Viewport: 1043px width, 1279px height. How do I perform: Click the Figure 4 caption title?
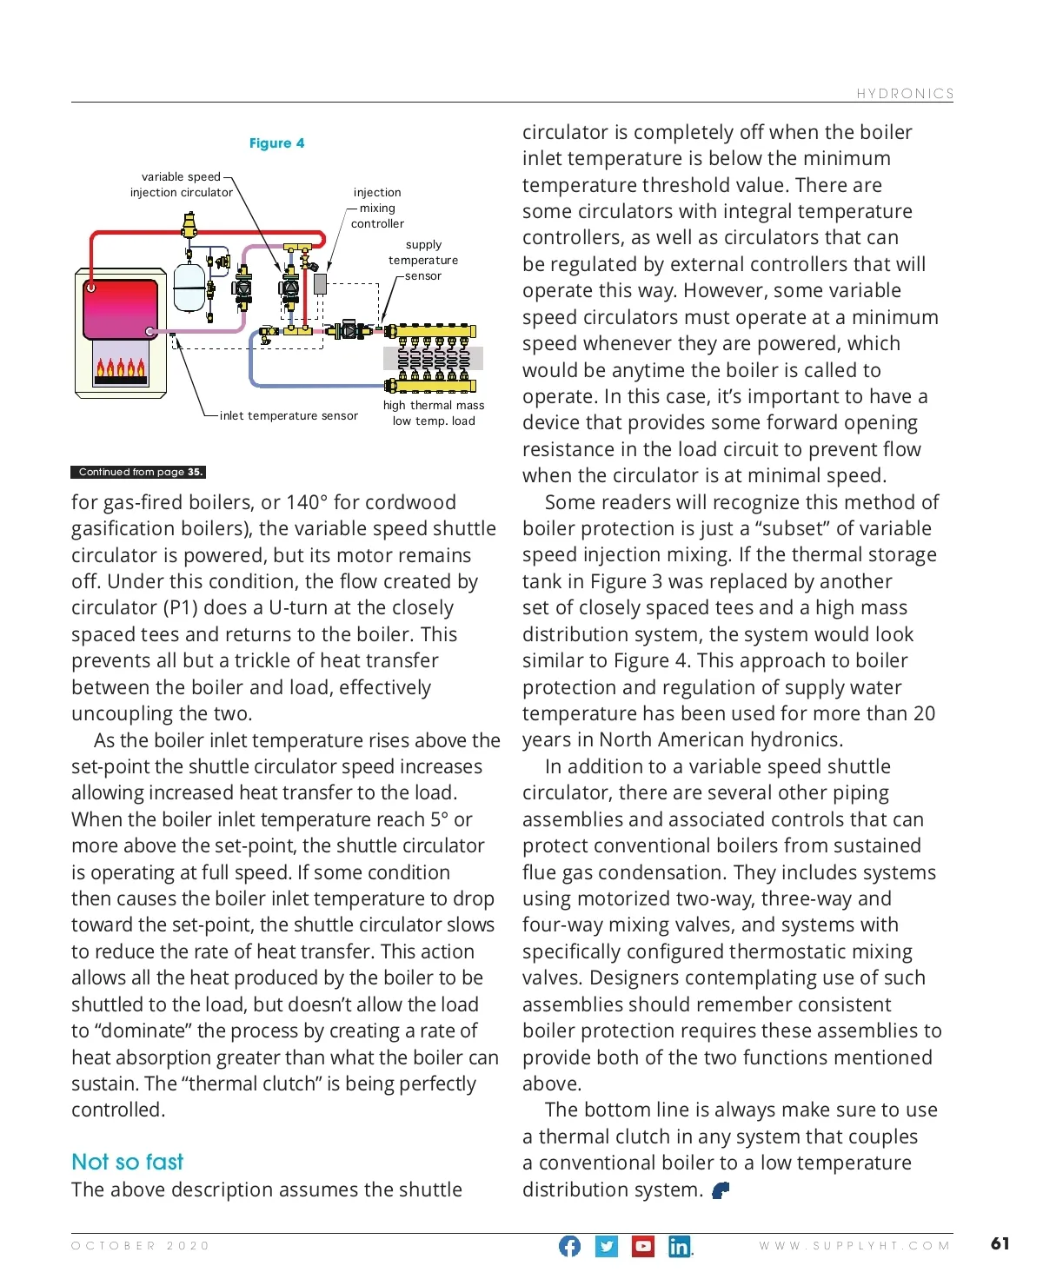coord(276,143)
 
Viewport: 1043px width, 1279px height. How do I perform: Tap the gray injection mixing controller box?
coord(320,283)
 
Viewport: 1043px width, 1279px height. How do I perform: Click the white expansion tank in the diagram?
coord(189,287)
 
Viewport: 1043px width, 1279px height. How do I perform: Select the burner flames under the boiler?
coord(121,368)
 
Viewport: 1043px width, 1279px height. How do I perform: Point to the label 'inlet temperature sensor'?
coord(289,416)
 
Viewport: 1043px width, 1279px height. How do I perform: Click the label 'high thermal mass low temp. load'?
coord(434,413)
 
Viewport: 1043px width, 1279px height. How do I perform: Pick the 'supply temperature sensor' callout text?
coord(423,260)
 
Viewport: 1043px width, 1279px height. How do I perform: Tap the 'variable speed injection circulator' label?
coord(182,184)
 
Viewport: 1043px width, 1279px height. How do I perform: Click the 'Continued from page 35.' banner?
coord(138,472)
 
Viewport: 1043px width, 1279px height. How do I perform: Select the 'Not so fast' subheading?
coord(128,1162)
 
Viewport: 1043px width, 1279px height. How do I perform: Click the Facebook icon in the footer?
coord(569,1246)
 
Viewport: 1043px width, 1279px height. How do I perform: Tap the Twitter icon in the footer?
coord(607,1246)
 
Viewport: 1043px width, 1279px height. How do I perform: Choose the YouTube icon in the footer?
coord(643,1246)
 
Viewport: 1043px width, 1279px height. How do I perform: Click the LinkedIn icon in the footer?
coord(679,1246)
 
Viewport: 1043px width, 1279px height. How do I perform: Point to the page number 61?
coord(1000,1243)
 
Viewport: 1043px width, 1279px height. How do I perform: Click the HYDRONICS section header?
coord(905,94)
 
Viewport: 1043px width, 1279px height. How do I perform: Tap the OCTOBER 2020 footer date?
coord(141,1246)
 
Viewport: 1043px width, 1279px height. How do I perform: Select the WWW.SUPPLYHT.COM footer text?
coord(854,1246)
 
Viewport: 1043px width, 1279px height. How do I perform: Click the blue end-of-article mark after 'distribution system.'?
coord(721,1190)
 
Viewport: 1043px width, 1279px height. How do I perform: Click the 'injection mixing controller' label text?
coord(377,208)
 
